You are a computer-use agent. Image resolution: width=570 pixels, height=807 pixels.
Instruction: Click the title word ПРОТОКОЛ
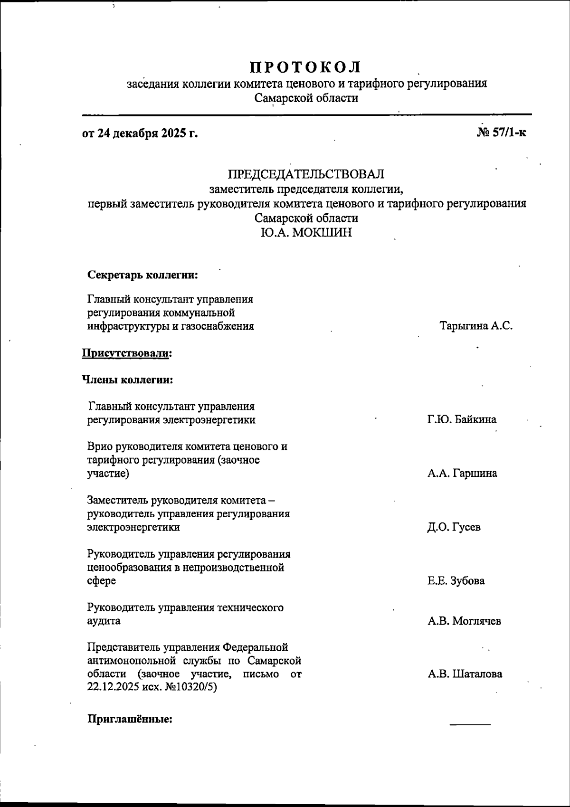[306, 66]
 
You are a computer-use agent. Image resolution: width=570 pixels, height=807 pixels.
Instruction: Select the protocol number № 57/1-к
[501, 133]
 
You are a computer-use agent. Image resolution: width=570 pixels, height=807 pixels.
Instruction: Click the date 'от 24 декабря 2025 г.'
[140, 133]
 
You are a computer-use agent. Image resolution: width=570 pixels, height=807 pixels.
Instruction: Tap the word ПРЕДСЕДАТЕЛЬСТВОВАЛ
[306, 174]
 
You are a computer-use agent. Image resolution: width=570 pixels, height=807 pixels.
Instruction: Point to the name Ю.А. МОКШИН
[306, 233]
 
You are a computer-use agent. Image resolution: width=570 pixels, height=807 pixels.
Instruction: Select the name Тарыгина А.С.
[476, 327]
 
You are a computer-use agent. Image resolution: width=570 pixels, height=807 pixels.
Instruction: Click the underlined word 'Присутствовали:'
[127, 353]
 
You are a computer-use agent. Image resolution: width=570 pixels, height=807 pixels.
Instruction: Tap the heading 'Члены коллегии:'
[127, 380]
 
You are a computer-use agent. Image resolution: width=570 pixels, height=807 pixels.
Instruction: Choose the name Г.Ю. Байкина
[462, 420]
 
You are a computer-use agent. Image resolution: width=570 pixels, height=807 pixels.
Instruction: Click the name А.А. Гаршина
[462, 474]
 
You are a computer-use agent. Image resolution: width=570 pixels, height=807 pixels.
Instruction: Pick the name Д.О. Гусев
[454, 527]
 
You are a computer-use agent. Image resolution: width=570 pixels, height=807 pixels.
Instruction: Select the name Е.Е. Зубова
[456, 581]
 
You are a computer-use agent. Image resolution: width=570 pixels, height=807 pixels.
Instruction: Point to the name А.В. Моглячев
[464, 621]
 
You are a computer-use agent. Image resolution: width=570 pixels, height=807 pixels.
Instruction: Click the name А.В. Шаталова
[465, 674]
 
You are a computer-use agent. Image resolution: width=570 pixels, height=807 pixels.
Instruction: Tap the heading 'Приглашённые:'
[130, 719]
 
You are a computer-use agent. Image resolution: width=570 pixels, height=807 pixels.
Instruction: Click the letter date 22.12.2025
[113, 687]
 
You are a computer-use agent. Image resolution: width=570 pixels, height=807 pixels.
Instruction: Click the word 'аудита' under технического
[104, 621]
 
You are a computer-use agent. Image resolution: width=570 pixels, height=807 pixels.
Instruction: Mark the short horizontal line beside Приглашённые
[470, 724]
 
